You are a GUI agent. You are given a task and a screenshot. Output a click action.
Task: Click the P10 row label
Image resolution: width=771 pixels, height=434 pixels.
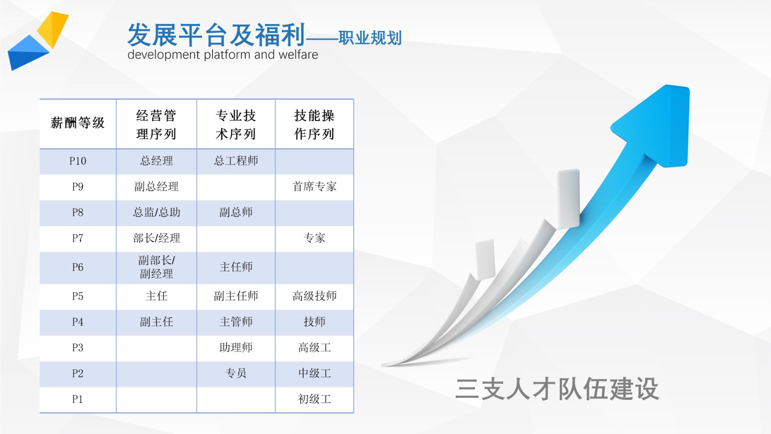(78, 161)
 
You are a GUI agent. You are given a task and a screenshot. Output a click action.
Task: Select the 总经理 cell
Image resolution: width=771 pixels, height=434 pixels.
(157, 161)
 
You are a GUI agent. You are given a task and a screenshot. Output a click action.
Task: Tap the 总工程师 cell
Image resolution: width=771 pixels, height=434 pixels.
(236, 161)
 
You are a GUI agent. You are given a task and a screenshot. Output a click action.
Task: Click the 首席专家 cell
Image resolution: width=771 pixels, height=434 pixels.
(314, 187)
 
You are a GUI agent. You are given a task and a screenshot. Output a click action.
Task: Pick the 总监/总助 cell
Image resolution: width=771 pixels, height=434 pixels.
(157, 213)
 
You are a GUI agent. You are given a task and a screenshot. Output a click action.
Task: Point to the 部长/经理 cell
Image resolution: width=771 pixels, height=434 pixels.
(157, 238)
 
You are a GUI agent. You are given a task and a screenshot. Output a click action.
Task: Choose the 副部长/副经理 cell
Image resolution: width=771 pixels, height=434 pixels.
(157, 267)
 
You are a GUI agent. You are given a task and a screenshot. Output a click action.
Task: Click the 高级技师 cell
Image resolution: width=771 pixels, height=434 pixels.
(314, 296)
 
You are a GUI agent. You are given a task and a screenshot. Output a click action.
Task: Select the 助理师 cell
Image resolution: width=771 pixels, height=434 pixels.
(236, 348)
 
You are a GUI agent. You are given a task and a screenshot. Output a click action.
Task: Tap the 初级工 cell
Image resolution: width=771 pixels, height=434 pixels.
(314, 399)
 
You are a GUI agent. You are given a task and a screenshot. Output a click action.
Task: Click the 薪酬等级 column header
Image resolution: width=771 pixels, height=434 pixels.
(78, 123)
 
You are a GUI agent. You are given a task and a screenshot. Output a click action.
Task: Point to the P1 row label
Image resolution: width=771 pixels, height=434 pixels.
(78, 399)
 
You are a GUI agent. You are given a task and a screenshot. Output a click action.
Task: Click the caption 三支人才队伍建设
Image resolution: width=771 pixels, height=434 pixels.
(557, 389)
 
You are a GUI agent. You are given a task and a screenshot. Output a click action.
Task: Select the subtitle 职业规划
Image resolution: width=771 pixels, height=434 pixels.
(370, 38)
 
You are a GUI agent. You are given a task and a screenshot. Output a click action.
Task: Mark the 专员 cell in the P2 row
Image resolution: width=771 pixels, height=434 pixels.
(236, 373)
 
